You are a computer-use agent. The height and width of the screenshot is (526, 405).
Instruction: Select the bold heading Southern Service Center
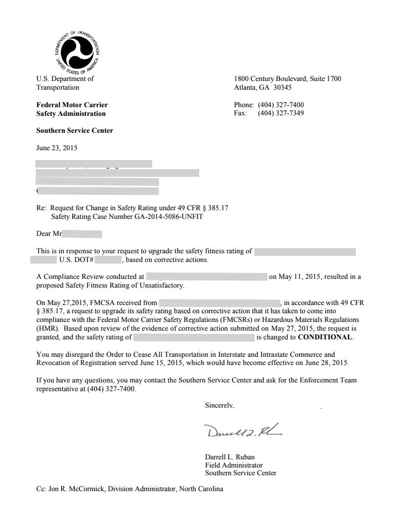[x=75, y=130]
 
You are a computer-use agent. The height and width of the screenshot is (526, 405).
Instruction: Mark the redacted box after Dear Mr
[x=82, y=235]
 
